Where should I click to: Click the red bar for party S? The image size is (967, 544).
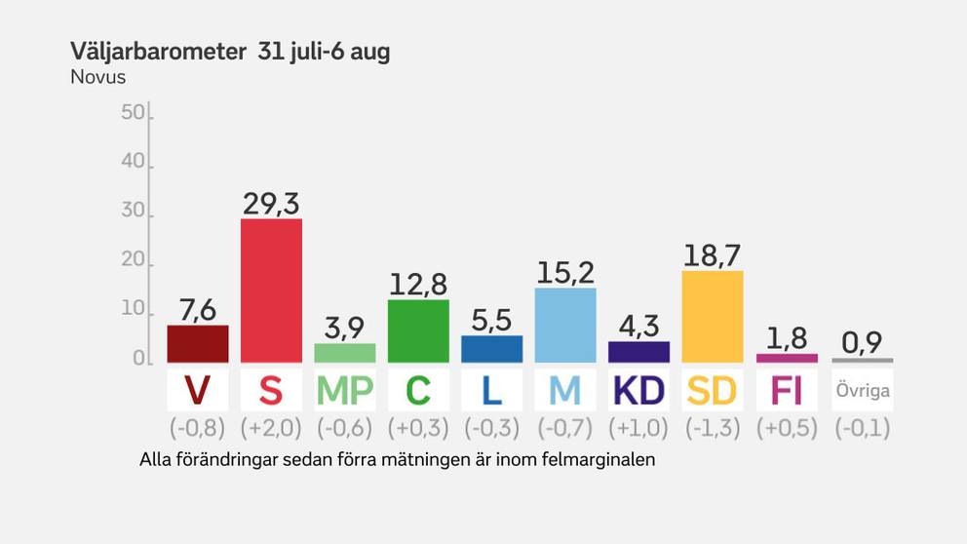click(271, 290)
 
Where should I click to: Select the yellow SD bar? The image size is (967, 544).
click(713, 316)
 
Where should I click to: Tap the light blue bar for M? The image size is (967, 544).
click(565, 325)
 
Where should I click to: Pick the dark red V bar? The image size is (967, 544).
click(198, 343)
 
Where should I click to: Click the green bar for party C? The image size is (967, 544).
click(418, 330)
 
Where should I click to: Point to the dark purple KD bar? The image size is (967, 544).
click(638, 351)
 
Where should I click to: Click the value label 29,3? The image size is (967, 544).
click(271, 203)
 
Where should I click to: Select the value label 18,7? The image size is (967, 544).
click(713, 254)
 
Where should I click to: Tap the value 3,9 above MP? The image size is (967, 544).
click(345, 328)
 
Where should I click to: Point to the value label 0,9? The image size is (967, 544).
click(861, 342)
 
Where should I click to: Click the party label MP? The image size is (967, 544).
click(345, 390)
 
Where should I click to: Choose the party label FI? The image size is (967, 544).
click(787, 390)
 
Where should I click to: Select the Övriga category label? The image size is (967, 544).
click(862, 391)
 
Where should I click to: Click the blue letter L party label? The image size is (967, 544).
click(491, 390)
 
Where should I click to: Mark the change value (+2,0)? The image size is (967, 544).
click(271, 427)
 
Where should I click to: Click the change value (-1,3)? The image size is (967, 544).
click(713, 427)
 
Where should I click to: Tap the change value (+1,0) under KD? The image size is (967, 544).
click(638, 427)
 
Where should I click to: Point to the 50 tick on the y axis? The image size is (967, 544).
click(132, 113)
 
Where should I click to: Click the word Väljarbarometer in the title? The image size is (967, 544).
click(158, 53)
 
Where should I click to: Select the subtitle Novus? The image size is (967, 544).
click(98, 77)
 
